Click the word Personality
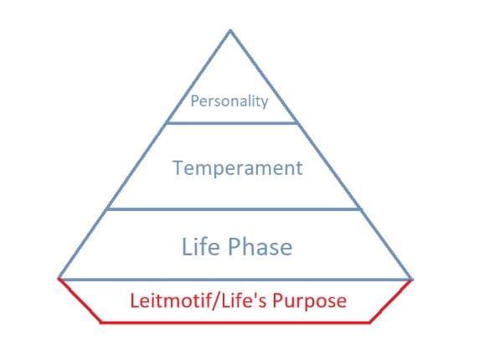pyautogui.click(x=229, y=101)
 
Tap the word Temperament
pyautogui.click(x=237, y=168)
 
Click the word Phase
pyautogui.click(x=260, y=246)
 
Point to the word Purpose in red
pyautogui.click(x=309, y=301)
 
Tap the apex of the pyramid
pyautogui.click(x=230, y=30)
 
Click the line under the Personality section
pyautogui.click(x=232, y=123)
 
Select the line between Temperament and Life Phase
pyautogui.click(x=234, y=209)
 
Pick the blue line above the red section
pyautogui.click(x=235, y=280)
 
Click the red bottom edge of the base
pyautogui.click(x=235, y=322)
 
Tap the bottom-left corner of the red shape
pyautogui.click(x=101, y=322)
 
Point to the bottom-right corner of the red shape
pyautogui.click(x=369, y=322)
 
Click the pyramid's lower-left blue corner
pyautogui.click(x=59, y=279)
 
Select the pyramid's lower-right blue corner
pyautogui.click(x=411, y=279)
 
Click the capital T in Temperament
pyautogui.click(x=178, y=167)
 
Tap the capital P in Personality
pyautogui.click(x=194, y=100)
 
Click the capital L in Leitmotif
pyautogui.click(x=135, y=301)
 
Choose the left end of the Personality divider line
pyautogui.click(x=167, y=123)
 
